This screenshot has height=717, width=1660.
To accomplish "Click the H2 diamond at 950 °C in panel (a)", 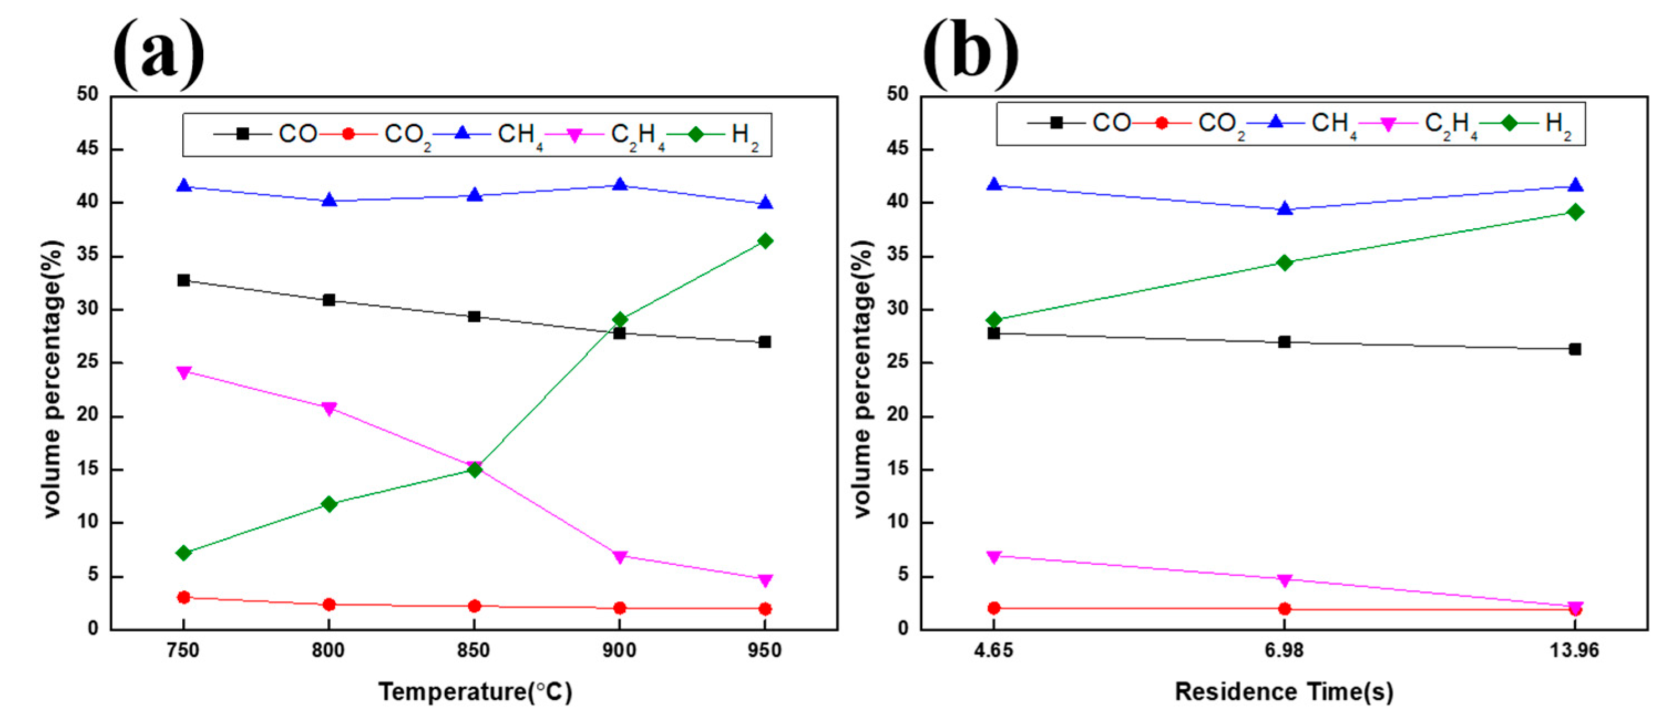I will click(765, 241).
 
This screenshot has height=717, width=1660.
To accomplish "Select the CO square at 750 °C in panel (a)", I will click(184, 280).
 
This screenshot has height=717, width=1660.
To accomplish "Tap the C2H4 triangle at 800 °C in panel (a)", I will click(328, 409).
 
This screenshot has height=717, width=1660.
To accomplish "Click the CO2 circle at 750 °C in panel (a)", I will click(184, 597).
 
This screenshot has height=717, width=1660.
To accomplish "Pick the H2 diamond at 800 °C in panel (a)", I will click(328, 504).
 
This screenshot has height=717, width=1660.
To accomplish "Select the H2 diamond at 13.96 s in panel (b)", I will click(1575, 213).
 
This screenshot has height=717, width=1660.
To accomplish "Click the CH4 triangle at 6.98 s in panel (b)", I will click(1284, 209).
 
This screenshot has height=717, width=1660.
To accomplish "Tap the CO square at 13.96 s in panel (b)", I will click(1575, 349).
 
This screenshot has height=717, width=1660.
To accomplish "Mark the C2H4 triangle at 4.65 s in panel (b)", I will click(994, 556).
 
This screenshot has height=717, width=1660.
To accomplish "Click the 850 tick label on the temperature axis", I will click(474, 651).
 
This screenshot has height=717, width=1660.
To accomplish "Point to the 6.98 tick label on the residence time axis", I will click(1284, 651).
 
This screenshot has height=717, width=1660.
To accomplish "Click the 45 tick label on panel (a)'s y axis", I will click(87, 149).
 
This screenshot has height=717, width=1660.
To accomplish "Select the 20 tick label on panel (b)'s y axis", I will click(898, 415).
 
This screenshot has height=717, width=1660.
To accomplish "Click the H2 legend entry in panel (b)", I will click(1557, 123).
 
